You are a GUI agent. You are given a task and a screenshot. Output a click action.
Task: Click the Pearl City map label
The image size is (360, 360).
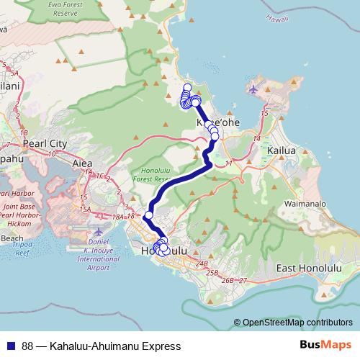pos(45,143)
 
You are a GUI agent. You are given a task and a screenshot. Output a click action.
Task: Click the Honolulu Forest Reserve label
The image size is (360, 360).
pos(152,172)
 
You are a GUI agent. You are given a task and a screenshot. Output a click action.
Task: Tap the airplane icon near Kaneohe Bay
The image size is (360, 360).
pos(255,89)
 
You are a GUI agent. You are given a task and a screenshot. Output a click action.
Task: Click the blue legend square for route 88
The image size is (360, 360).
pos(10,346)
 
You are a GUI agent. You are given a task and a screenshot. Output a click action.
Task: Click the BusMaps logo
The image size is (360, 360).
pos(326,346)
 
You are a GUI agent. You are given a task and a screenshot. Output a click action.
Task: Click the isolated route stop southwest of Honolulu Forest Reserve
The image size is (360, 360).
pos(149,215)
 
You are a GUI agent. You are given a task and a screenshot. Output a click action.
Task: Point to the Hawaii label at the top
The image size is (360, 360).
pos(276,21)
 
